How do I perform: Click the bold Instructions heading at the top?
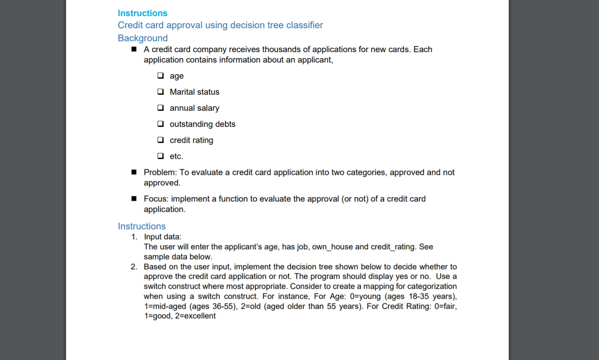(142, 13)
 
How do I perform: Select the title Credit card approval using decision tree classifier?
(220, 25)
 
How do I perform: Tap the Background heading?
(142, 38)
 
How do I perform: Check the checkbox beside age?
(161, 76)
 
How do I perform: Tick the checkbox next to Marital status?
(161, 92)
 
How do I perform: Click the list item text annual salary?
(194, 108)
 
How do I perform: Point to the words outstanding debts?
(202, 124)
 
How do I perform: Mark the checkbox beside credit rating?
(161, 140)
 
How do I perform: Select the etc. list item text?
(176, 156)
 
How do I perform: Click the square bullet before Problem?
(134, 172)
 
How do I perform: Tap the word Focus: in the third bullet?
(156, 199)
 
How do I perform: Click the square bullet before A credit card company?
(134, 50)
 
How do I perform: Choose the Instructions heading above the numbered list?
(142, 226)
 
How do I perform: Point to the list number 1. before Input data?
(134, 237)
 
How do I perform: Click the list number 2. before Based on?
(134, 267)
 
